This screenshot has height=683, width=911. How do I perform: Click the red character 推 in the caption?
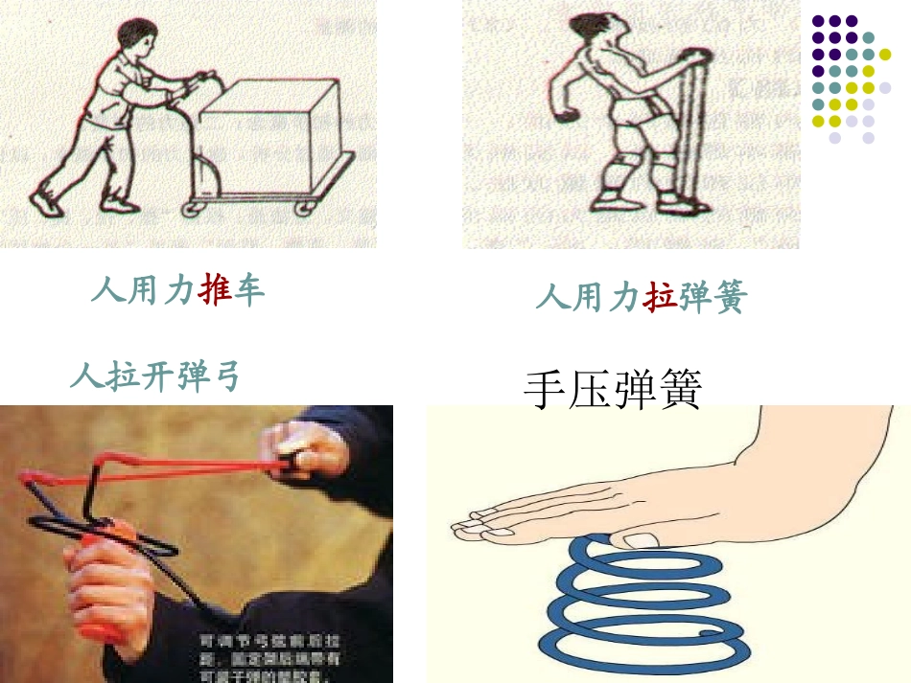pyautogui.click(x=216, y=288)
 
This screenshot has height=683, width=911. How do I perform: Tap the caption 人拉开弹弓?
pyautogui.click(x=154, y=376)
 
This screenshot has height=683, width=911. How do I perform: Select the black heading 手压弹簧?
pyautogui.click(x=613, y=390)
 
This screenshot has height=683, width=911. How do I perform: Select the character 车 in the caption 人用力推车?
pyautogui.click(x=249, y=288)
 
